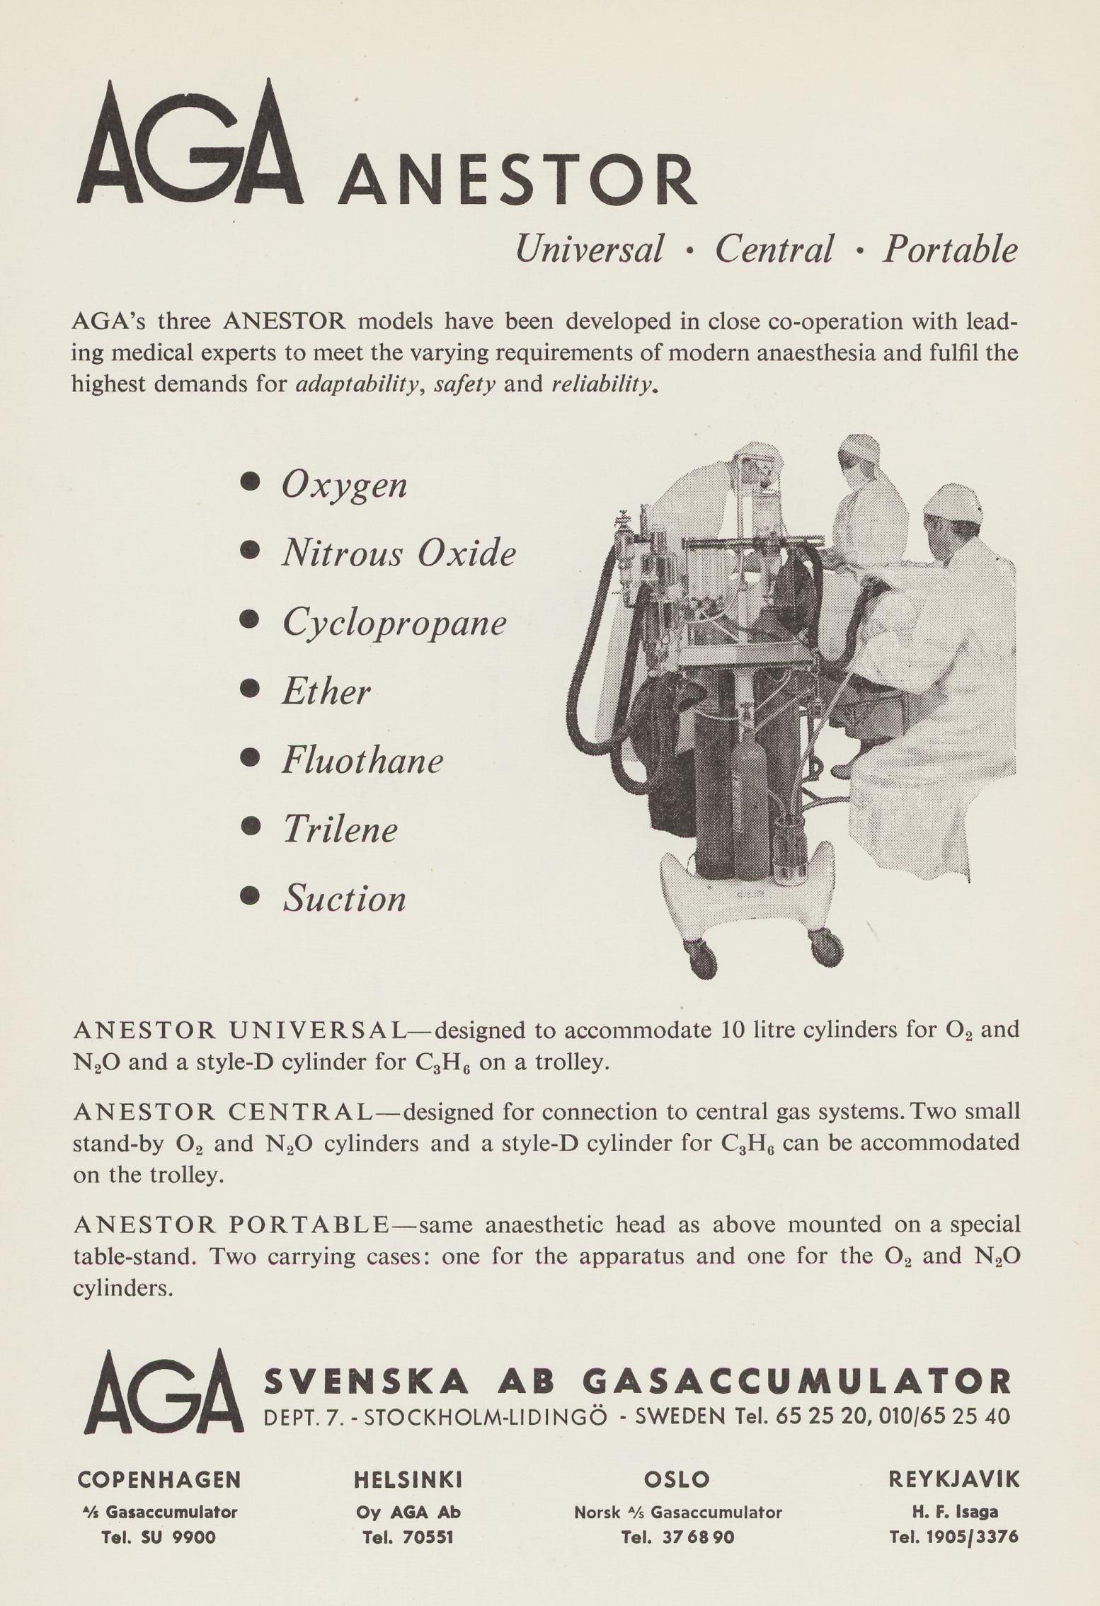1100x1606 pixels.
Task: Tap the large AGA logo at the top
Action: pos(190,145)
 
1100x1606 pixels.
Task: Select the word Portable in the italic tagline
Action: pos(949,250)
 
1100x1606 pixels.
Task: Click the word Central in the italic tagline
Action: pos(773,250)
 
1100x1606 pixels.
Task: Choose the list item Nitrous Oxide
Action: pos(399,553)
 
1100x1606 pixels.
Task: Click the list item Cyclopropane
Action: pos(394,623)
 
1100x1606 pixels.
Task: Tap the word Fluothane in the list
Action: pos(362,761)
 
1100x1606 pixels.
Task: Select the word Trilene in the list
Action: pos(340,830)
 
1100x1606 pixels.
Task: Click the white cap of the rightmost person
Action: pos(953,503)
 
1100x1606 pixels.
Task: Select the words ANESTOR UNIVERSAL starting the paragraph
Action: pos(239,1031)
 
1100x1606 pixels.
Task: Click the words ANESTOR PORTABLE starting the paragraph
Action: pos(231,1225)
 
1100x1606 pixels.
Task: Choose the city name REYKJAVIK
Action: pos(953,1479)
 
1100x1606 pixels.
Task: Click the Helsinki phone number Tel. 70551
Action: pos(408,1537)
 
